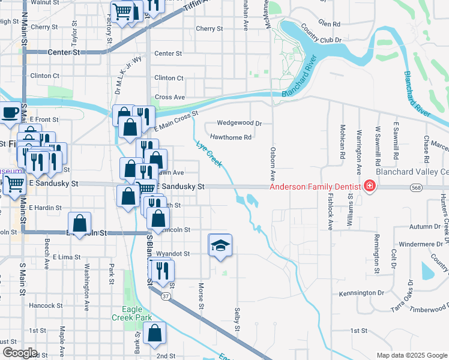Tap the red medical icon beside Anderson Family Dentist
369,187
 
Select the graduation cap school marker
220,245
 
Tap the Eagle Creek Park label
127,313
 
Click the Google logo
20,353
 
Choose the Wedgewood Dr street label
240,123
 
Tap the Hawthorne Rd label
230,137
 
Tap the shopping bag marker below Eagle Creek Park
155,332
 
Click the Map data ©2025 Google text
411,355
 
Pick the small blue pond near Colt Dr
427,271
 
